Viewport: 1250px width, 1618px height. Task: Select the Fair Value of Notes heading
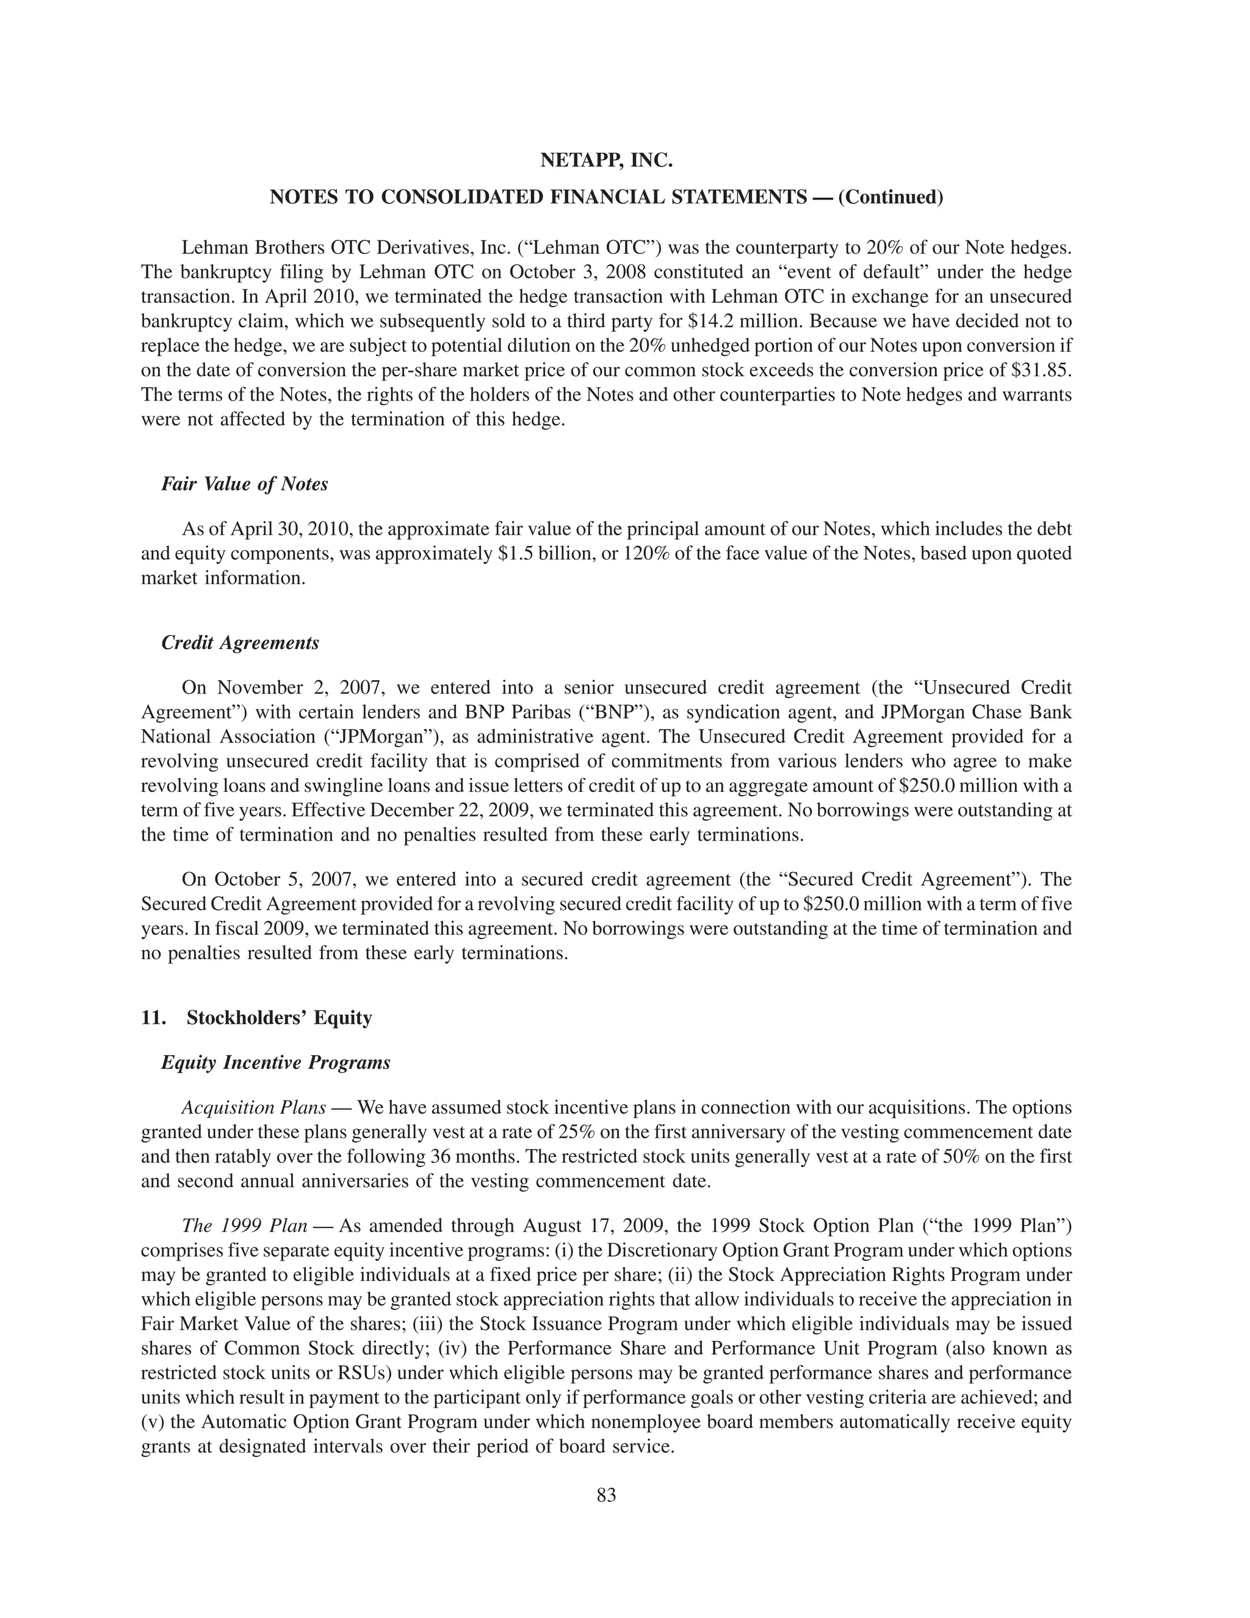click(x=244, y=484)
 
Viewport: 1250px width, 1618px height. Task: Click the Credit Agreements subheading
click(x=240, y=642)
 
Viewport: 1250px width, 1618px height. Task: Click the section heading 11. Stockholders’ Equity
click(x=256, y=1017)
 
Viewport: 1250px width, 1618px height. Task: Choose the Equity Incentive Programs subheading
click(x=275, y=1062)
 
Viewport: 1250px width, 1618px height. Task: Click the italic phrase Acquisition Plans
click(x=253, y=1108)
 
